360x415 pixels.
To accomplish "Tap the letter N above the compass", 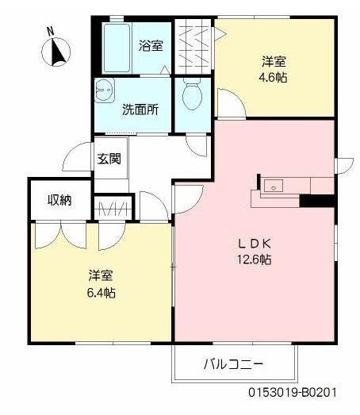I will [x=49, y=31].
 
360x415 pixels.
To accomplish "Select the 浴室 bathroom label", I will [x=151, y=45].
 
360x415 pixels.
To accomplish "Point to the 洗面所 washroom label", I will [x=140, y=110].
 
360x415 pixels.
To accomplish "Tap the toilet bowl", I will [x=191, y=95].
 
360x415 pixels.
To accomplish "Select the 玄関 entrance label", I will [x=109, y=159].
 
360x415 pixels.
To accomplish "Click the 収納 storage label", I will [x=59, y=199].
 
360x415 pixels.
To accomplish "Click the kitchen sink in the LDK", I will [x=274, y=187].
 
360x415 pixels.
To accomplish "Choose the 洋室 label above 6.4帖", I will [x=100, y=276].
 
